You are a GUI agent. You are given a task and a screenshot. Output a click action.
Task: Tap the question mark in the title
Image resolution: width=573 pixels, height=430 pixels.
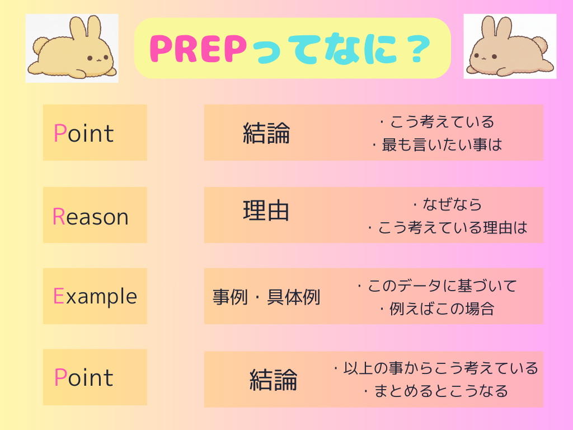416,49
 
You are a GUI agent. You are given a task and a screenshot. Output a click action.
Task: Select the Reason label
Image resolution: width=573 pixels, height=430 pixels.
91,217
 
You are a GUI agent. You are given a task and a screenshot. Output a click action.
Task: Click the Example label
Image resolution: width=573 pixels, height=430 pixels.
95,296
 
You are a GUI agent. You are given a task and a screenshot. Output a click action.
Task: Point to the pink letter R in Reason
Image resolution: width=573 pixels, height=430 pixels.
58,217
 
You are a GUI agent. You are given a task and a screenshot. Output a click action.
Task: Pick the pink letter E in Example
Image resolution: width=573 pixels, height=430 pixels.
58,296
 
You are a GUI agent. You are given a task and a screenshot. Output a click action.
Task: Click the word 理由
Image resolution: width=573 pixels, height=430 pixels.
266,211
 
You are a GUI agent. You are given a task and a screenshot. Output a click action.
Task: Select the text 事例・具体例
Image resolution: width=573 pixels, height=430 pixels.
266,297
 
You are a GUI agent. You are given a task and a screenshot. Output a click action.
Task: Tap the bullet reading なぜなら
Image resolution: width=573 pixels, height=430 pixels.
448,204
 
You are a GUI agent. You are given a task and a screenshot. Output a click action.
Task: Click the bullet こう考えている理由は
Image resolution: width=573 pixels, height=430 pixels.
448,228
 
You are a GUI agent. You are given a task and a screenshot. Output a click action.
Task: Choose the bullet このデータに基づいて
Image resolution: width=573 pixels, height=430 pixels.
437,286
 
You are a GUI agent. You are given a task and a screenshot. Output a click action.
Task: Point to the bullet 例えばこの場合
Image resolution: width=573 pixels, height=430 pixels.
437,309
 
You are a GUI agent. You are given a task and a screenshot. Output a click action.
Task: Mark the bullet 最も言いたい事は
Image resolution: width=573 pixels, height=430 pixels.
437,145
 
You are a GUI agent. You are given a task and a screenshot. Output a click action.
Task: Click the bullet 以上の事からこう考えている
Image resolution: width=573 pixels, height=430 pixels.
435,368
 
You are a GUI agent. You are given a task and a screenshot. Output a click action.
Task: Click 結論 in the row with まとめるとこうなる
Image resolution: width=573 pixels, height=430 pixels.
273,380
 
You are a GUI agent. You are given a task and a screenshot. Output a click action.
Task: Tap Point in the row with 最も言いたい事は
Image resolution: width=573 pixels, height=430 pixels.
83,133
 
